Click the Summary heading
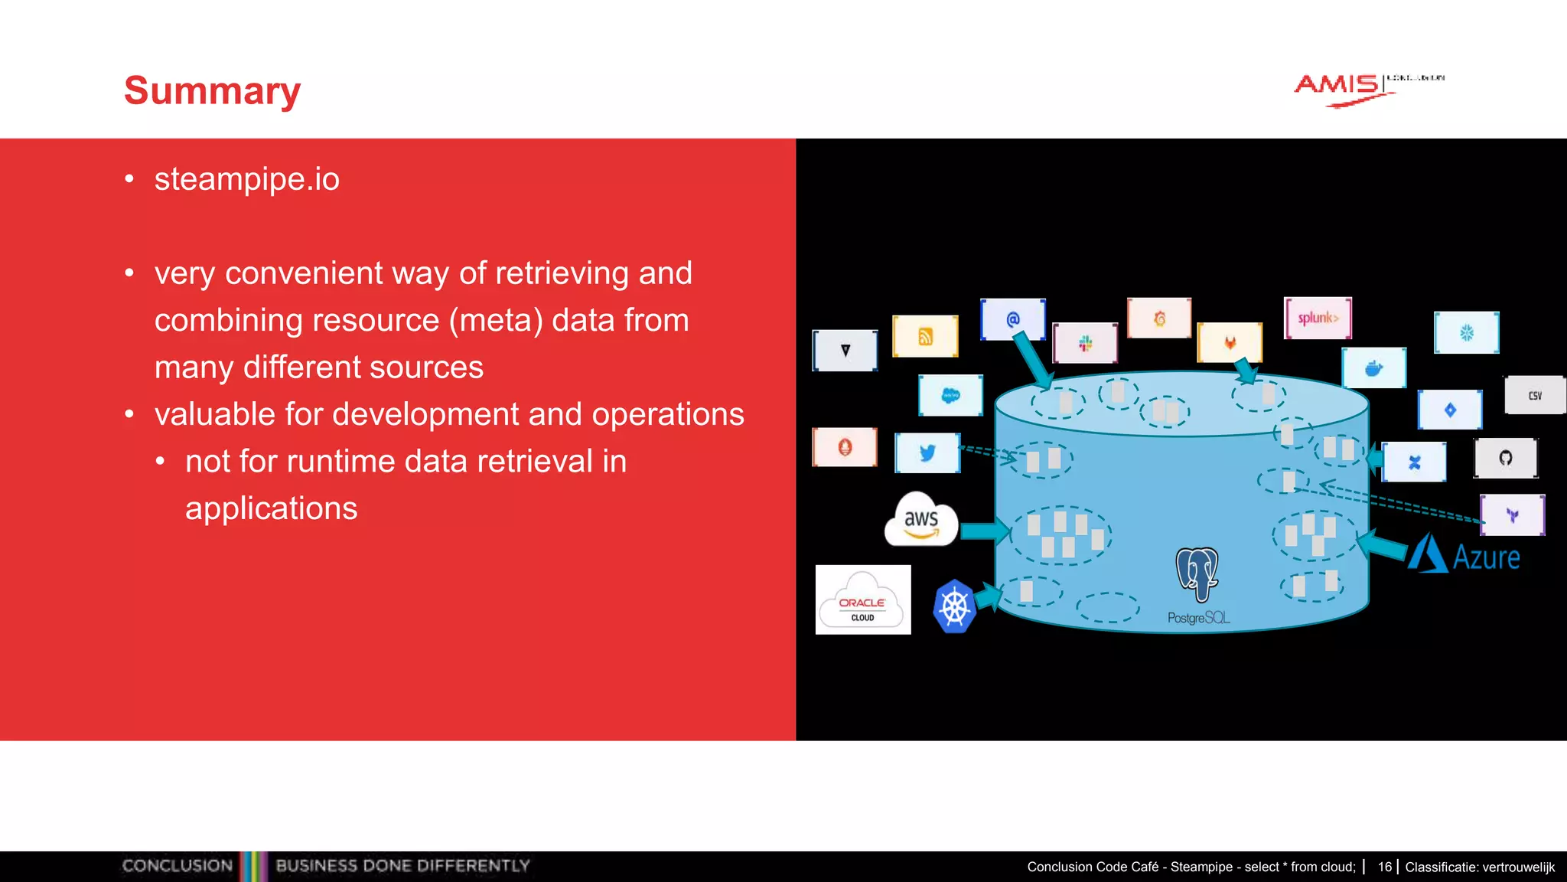tap(212, 91)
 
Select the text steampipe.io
tap(246, 179)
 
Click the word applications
tap(271, 508)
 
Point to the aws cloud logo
tap(921, 521)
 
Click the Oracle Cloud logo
tap(862, 600)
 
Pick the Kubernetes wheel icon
tap(955, 607)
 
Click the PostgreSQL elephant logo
tap(1197, 574)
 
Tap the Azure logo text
tap(1485, 557)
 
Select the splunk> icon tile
tap(1318, 318)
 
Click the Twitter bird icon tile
tap(927, 452)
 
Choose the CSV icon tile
tap(1534, 395)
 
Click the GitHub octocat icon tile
tap(1505, 458)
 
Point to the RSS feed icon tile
tap(925, 336)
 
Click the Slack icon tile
tap(1085, 343)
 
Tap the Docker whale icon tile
tap(1374, 368)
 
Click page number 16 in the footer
tap(1384, 867)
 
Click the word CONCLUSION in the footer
tap(177, 866)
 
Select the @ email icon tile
tap(1013, 319)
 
